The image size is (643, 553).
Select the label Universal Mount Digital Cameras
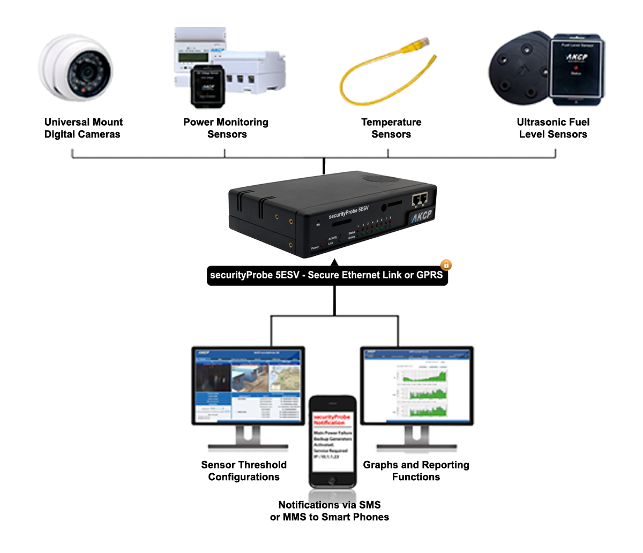pyautogui.click(x=83, y=128)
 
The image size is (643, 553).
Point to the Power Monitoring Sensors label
pyautogui.click(x=226, y=128)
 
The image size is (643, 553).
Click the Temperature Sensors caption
pyautogui.click(x=391, y=128)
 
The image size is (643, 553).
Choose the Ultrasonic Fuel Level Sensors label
pyautogui.click(x=553, y=128)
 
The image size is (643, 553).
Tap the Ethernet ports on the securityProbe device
pyautogui.click(x=420, y=200)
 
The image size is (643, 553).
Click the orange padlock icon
pyautogui.click(x=446, y=265)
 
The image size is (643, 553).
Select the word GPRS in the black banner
pyautogui.click(x=430, y=275)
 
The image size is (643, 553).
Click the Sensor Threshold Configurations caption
pyautogui.click(x=244, y=471)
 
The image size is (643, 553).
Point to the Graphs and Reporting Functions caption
pyautogui.click(x=416, y=471)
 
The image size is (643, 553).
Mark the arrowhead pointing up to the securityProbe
pyautogui.click(x=335, y=262)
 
